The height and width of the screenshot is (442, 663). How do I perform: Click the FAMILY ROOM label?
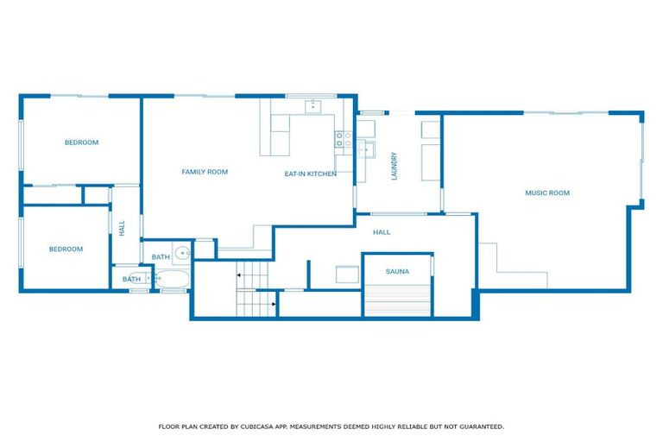click(205, 172)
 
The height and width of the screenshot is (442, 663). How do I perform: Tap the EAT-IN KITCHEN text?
click(311, 174)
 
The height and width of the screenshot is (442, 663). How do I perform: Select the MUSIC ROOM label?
click(547, 193)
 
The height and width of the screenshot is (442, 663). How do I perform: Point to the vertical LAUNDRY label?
click(394, 167)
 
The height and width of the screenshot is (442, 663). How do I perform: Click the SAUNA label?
click(397, 271)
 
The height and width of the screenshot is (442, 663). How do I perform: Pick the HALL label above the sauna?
click(382, 232)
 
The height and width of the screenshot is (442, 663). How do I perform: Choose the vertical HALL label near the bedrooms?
click(122, 228)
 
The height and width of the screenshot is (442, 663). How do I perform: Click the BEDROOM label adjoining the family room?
click(81, 142)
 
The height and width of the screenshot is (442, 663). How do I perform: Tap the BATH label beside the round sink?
click(161, 257)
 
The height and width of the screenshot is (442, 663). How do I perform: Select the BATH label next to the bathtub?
click(131, 279)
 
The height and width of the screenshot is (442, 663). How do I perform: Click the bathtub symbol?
click(172, 280)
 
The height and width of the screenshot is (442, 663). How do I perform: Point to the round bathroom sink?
click(182, 254)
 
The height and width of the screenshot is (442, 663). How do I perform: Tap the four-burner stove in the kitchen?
click(344, 139)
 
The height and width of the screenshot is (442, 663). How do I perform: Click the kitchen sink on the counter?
click(314, 108)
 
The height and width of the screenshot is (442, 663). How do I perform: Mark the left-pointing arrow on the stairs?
click(239, 275)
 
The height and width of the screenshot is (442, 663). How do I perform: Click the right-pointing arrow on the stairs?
click(273, 304)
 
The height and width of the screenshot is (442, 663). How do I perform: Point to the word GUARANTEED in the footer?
click(480, 426)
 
